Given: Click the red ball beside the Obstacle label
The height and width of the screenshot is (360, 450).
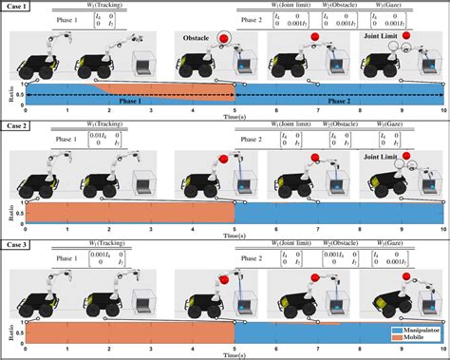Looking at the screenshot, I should (x=224, y=39).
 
